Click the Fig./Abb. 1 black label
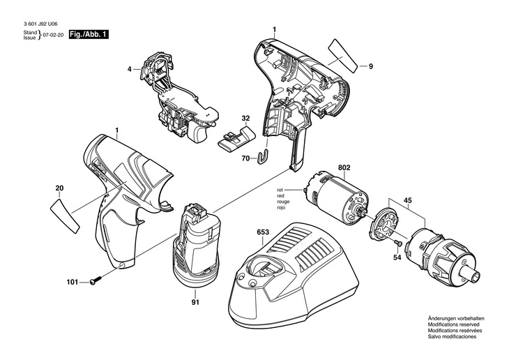tap(89, 34)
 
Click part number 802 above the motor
tap(344, 167)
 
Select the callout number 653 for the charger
tap(263, 232)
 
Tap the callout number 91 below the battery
tap(195, 303)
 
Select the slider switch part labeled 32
tap(236, 139)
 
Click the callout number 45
tap(408, 200)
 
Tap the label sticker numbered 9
tap(344, 56)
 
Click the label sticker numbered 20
tap(65, 216)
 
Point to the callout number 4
tap(130, 69)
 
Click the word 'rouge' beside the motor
tap(283, 202)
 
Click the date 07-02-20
tap(54, 34)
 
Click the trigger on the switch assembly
tap(198, 133)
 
